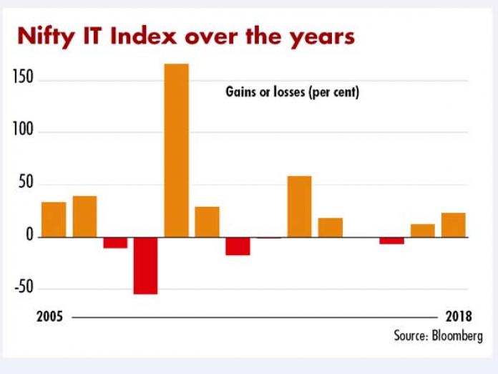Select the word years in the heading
(319, 37)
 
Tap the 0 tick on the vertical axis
(29, 237)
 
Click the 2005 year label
(49, 317)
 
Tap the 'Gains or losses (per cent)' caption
(293, 92)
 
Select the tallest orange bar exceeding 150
(177, 150)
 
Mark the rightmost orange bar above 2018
(453, 225)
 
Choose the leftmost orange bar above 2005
(54, 219)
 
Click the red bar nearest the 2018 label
(391, 240)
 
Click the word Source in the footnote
(407, 335)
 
